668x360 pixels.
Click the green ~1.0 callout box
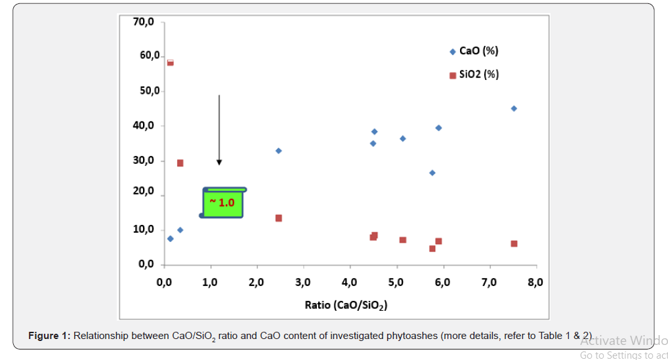[223, 203]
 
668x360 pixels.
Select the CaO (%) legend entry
[474, 51]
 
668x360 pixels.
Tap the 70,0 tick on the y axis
[142, 22]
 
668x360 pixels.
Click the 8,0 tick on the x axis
[535, 283]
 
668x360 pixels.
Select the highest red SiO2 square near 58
[170, 62]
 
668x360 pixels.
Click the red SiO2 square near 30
[180, 163]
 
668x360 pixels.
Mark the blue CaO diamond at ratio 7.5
[514, 108]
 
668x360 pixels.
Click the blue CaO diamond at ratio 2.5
[278, 150]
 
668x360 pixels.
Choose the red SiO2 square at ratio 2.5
[278, 218]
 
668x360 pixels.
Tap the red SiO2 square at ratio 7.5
[514, 243]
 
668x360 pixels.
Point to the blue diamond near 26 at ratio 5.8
[432, 172]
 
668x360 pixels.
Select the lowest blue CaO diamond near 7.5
[170, 239]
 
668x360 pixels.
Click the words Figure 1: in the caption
[49, 336]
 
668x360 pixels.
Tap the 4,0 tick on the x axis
[350, 283]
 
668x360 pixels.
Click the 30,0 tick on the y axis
[142, 161]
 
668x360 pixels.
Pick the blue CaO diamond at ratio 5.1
[402, 138]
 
